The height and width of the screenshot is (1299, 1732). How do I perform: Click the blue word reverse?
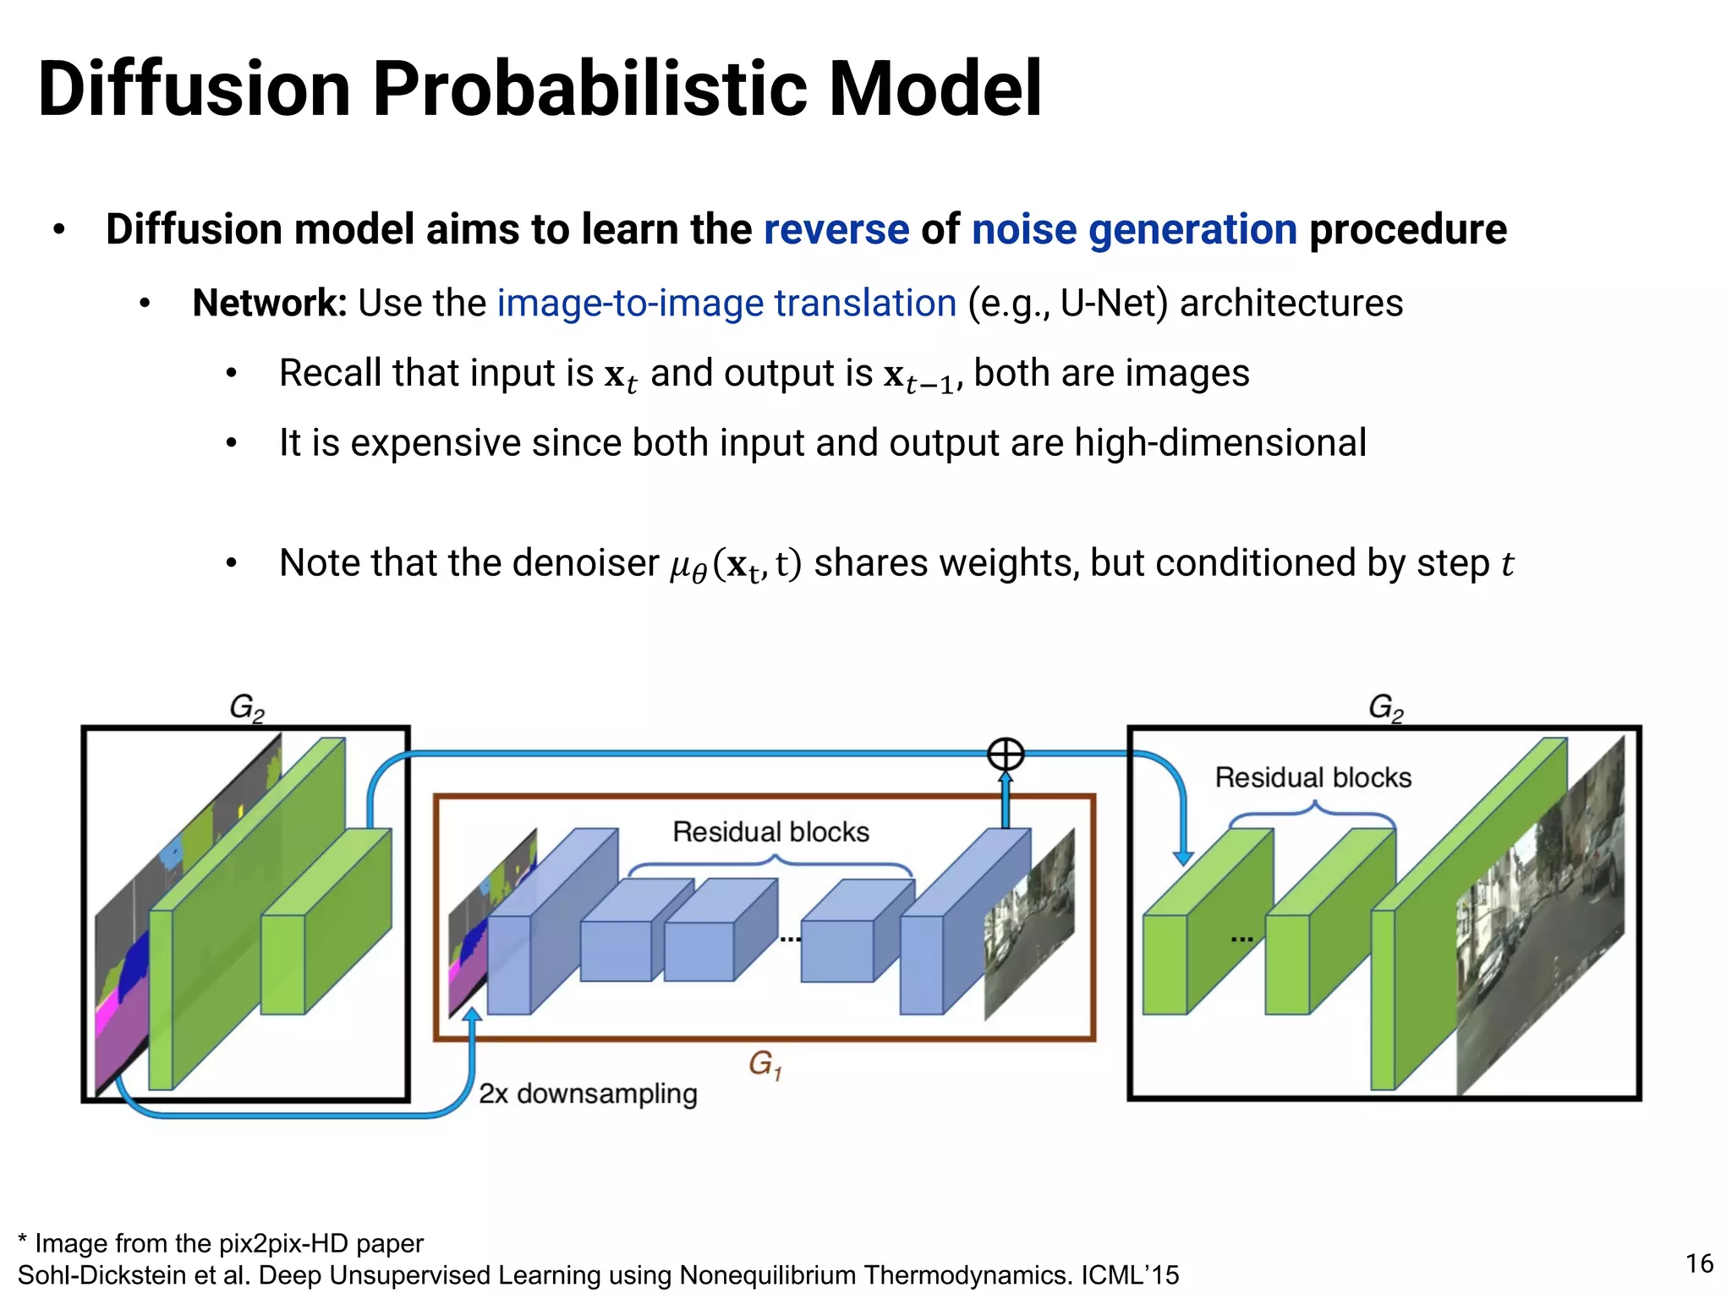[836, 230]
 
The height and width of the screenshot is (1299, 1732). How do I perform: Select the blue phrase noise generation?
[1133, 230]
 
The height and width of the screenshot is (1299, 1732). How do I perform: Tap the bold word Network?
[269, 304]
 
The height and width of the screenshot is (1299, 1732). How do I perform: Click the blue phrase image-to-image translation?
[726, 304]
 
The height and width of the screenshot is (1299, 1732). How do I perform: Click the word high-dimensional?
[1220, 443]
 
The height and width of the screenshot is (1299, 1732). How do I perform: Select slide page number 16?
[1698, 1263]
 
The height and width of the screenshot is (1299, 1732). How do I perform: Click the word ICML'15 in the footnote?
[1130, 1275]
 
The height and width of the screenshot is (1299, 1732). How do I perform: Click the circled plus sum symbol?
[1006, 754]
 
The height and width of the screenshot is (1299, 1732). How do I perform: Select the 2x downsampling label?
[588, 1093]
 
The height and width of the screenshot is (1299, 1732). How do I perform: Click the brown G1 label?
[765, 1064]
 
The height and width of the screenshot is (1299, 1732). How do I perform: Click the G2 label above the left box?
[247, 707]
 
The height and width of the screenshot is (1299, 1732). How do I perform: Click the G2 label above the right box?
[1385, 707]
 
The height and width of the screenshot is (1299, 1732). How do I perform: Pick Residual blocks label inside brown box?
[770, 832]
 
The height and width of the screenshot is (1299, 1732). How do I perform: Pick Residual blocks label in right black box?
[1313, 777]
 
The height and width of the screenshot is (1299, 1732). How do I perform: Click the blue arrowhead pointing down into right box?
[1184, 858]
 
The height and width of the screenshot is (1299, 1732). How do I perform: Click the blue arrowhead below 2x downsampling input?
[473, 1016]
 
